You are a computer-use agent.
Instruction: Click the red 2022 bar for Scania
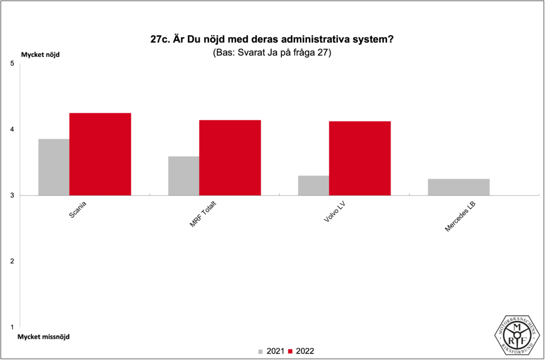click(x=100, y=154)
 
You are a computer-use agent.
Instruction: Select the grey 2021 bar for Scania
click(x=54, y=167)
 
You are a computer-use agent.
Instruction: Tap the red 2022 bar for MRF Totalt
click(x=230, y=158)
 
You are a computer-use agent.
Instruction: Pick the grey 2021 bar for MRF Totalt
click(x=184, y=176)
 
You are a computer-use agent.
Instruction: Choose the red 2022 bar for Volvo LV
click(x=360, y=158)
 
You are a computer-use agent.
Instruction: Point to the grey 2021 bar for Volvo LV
click(x=313, y=185)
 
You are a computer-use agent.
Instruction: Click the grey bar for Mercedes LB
click(x=459, y=187)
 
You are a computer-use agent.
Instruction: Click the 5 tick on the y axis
click(x=12, y=64)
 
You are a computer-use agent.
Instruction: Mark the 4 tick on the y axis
click(x=12, y=129)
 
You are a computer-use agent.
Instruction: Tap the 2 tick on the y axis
click(x=12, y=261)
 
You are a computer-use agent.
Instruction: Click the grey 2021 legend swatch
click(x=261, y=351)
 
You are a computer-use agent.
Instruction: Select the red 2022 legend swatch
click(x=291, y=351)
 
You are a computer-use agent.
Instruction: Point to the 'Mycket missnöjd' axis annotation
click(x=44, y=337)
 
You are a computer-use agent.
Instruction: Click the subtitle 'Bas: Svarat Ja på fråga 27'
click(x=272, y=53)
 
